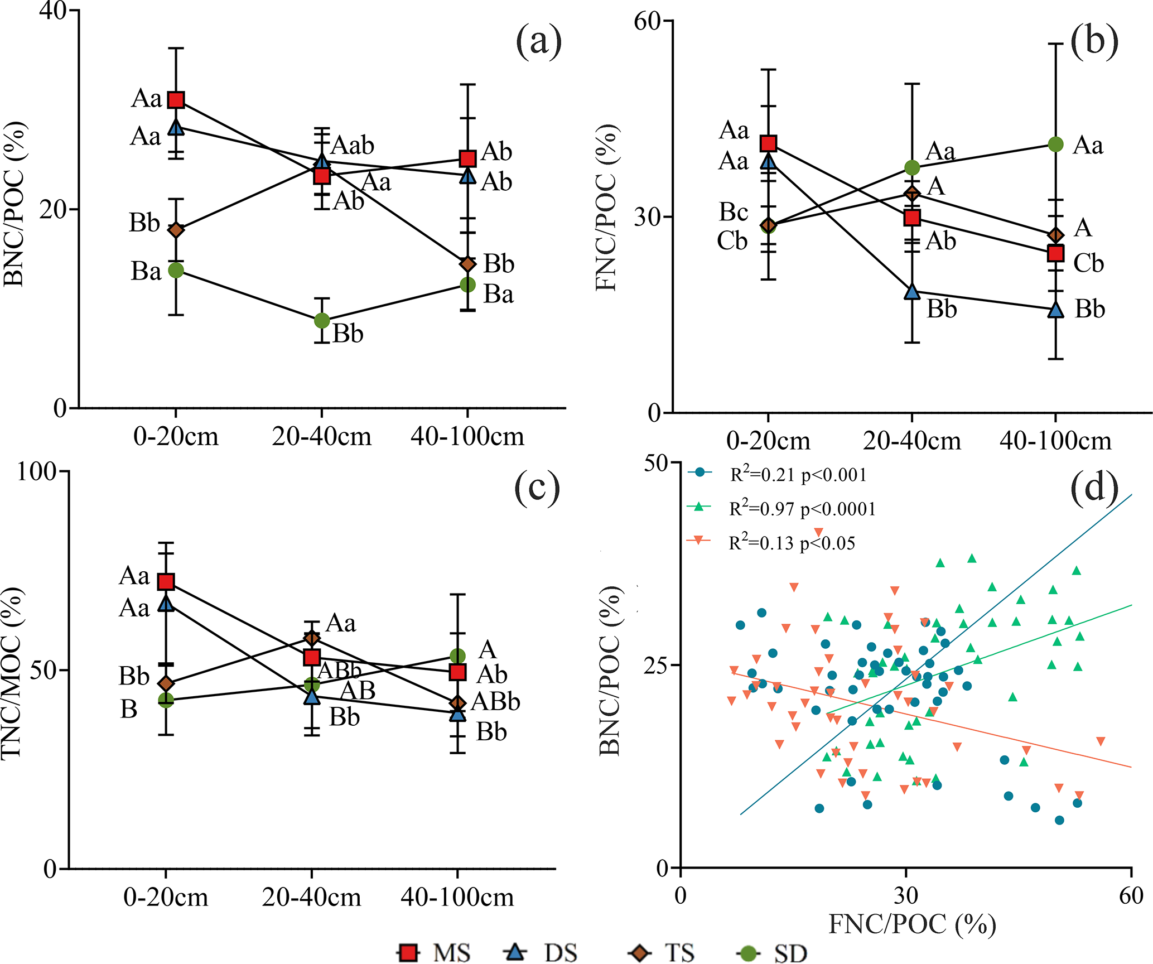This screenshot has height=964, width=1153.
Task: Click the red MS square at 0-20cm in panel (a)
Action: coord(176,100)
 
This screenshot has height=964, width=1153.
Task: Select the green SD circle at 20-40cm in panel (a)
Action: coord(322,321)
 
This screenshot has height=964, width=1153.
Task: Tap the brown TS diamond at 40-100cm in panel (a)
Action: coord(467,263)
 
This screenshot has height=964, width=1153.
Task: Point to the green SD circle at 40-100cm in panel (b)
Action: coord(1055,144)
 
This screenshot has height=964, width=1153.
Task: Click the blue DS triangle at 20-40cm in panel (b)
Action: coord(912,292)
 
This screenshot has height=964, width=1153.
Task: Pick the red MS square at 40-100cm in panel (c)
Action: coord(458,672)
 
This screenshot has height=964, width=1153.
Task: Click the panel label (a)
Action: coord(538,41)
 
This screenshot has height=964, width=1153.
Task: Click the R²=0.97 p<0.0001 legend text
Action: coord(803,509)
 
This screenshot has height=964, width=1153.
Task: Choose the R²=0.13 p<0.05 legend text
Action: coord(792,543)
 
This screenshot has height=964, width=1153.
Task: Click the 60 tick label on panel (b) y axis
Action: coord(647,21)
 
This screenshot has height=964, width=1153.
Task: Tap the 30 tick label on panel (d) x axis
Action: coord(906,895)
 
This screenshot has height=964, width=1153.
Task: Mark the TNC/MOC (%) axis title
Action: coord(12,673)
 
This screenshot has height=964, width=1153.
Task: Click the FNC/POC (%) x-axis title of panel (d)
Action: coord(912,924)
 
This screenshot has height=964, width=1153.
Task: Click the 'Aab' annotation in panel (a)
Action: coord(353,146)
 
